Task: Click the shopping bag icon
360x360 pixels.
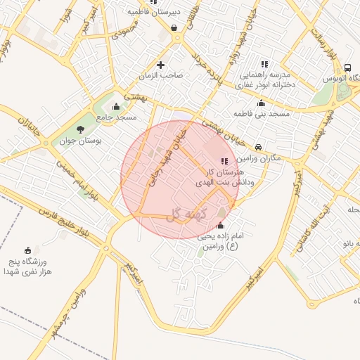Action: [x=174, y=28]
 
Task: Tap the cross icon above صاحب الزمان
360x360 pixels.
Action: [x=161, y=64]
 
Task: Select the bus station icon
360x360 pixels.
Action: [x=347, y=67]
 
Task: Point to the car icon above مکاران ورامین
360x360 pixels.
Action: [x=259, y=147]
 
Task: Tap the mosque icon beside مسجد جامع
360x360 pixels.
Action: [x=116, y=107]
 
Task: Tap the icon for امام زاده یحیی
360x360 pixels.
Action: [x=221, y=226]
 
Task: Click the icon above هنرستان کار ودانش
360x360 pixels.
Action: [x=224, y=161]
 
